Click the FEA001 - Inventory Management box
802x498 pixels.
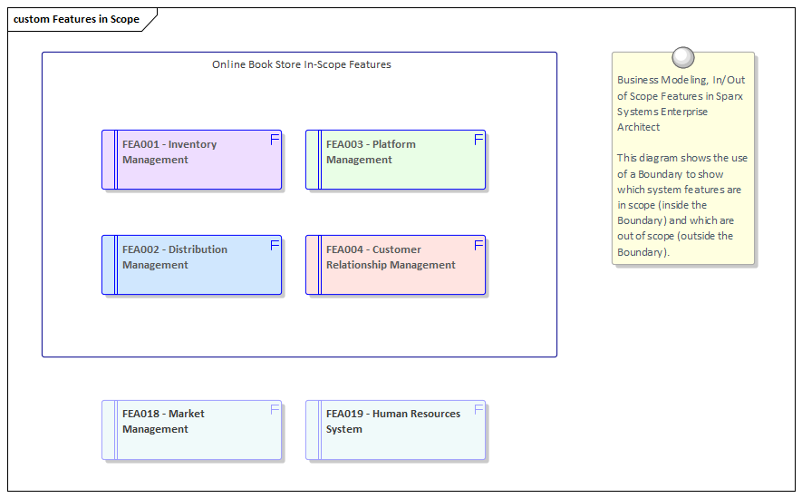pos(191,161)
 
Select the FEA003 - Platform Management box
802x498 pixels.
pos(395,161)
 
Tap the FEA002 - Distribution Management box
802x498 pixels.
pos(191,266)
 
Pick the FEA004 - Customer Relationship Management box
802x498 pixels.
pos(395,266)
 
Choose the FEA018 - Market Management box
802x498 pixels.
pos(191,431)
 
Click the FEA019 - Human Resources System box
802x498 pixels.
pos(395,431)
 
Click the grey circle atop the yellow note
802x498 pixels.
pos(683,58)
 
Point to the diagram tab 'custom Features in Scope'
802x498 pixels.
pos(77,19)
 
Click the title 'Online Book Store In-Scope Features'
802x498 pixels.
pos(301,64)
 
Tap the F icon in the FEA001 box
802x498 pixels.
pos(275,140)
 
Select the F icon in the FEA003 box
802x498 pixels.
pos(478,140)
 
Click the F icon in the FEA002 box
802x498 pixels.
pos(275,245)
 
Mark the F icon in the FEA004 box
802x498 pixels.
pos(478,245)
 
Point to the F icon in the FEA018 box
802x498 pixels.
pos(275,410)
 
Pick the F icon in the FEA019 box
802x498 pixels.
pos(478,410)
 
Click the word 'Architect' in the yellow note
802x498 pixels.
pos(638,127)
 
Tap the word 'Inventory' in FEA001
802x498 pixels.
pos(192,144)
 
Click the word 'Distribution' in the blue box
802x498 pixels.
pos(198,249)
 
